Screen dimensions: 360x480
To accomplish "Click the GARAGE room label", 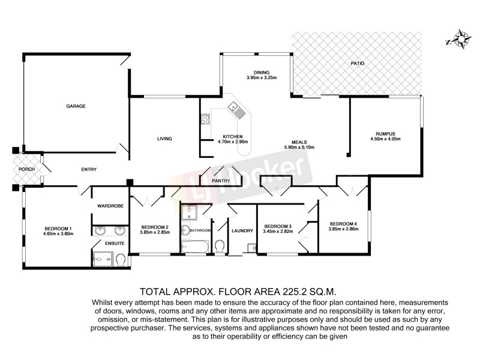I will coord(76,106).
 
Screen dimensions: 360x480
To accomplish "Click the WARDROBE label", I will coord(110,206).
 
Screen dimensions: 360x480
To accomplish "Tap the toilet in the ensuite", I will coord(121,259).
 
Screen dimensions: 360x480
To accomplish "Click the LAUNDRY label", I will coord(241,230).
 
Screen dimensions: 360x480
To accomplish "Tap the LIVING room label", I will coord(164,139).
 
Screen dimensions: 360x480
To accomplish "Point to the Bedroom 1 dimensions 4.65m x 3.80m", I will coord(58,234).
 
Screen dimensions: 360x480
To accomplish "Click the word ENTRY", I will coord(89,170).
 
